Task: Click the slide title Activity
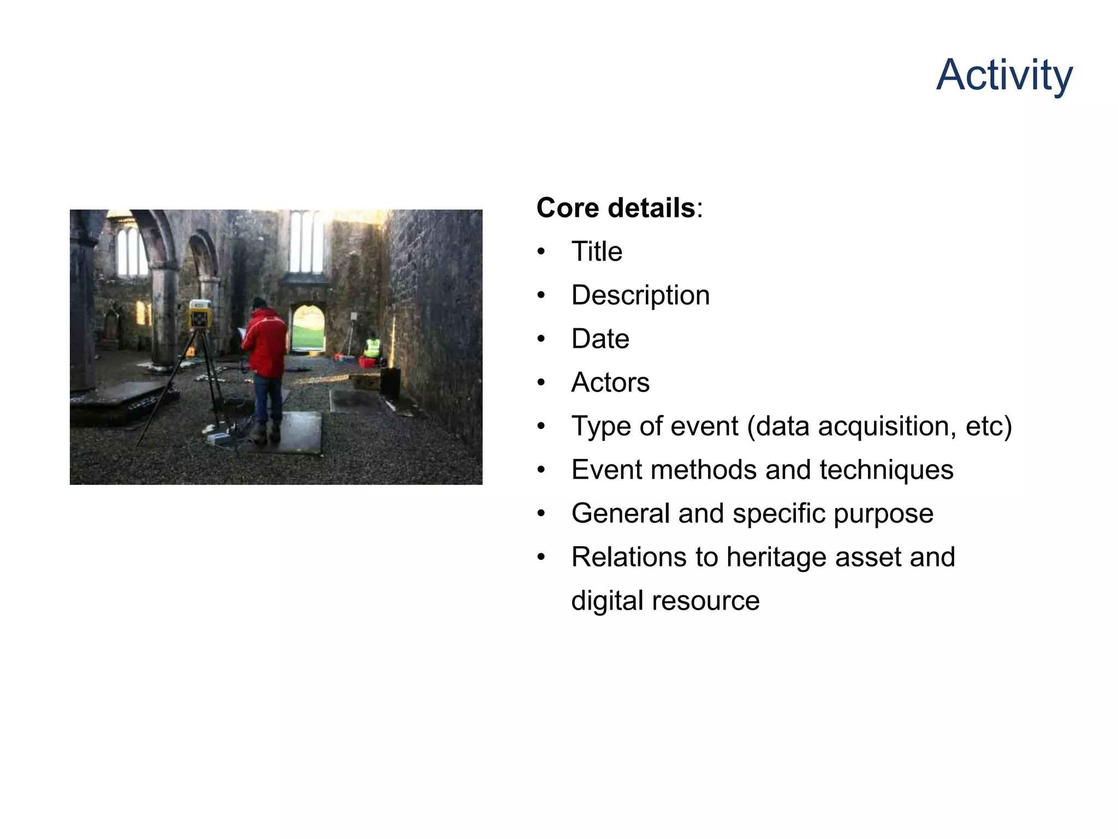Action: (1004, 75)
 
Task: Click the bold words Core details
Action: (615, 208)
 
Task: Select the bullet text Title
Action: (597, 252)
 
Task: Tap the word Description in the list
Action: (640, 296)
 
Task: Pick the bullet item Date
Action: (600, 339)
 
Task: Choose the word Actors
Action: (610, 382)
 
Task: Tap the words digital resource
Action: (665, 601)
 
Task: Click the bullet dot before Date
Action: (541, 339)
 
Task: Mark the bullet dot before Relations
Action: (541, 557)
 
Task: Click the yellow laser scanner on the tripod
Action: (200, 314)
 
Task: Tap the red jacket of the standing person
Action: (266, 342)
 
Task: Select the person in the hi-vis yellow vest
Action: (372, 346)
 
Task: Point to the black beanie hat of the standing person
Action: (259, 303)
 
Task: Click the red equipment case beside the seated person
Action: (367, 362)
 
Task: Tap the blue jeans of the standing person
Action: (267, 399)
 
